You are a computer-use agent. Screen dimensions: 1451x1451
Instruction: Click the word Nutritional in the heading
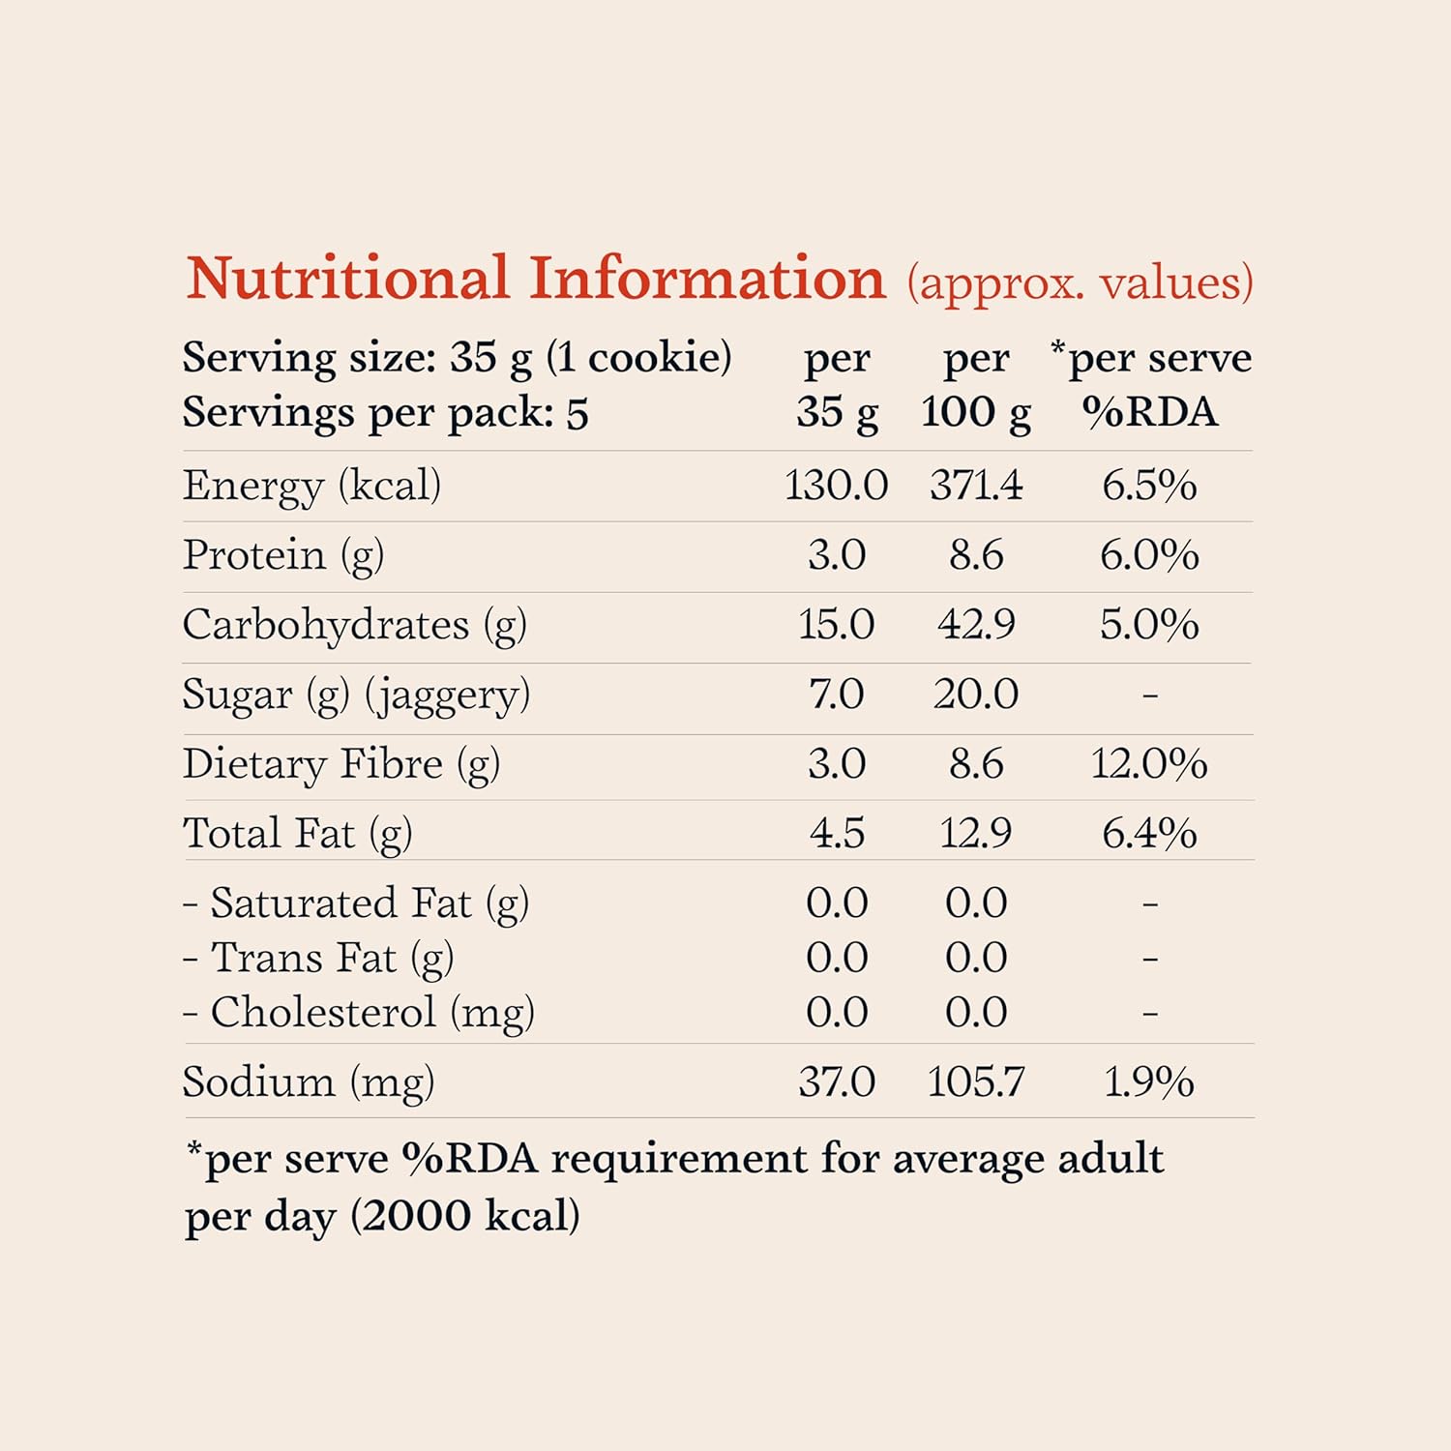tap(348, 279)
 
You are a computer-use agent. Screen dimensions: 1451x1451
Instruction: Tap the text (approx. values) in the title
tap(1080, 283)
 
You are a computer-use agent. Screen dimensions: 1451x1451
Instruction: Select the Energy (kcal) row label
tap(311, 486)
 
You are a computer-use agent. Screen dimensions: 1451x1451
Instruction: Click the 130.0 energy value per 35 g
tap(836, 486)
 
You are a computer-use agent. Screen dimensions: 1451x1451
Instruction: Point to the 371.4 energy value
tap(976, 486)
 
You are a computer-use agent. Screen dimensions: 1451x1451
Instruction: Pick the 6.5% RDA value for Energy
tap(1149, 486)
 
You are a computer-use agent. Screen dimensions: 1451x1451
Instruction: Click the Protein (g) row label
tap(283, 556)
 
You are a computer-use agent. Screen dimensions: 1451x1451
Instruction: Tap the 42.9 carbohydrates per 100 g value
tap(976, 625)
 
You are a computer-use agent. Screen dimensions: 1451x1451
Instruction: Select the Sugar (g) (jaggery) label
tap(356, 696)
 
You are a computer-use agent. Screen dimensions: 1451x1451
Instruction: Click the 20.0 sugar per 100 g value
tap(976, 695)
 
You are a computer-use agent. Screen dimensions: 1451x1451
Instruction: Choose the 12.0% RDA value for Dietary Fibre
tap(1149, 764)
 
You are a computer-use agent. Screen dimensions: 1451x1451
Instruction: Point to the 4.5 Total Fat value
tap(837, 833)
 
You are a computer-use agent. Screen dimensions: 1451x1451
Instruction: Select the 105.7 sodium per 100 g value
tap(976, 1081)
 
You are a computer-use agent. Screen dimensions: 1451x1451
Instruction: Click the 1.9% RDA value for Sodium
tap(1149, 1081)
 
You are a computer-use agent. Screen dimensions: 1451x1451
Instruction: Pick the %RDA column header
tap(1149, 413)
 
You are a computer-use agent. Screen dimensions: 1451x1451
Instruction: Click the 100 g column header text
tap(976, 413)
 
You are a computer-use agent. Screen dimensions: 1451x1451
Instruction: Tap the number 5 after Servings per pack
tap(577, 414)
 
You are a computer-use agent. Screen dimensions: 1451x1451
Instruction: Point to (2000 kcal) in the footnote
tap(465, 1216)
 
